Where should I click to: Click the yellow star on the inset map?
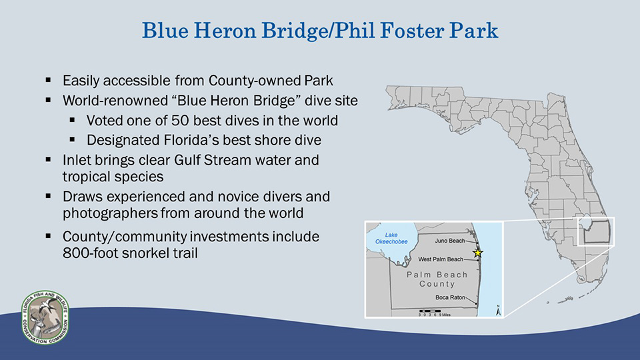click(x=478, y=253)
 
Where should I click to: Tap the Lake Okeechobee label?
click(x=391, y=239)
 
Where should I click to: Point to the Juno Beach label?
click(x=450, y=241)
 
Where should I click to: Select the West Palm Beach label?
click(x=441, y=259)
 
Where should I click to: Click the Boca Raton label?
click(x=450, y=297)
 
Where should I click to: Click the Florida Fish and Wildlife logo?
click(x=45, y=317)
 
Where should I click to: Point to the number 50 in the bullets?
click(x=179, y=121)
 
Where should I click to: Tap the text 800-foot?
click(x=89, y=253)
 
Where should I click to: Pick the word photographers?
click(x=110, y=213)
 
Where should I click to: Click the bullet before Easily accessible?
click(x=48, y=80)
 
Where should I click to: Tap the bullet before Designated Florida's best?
click(x=72, y=139)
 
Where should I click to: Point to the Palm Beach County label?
click(x=437, y=279)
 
